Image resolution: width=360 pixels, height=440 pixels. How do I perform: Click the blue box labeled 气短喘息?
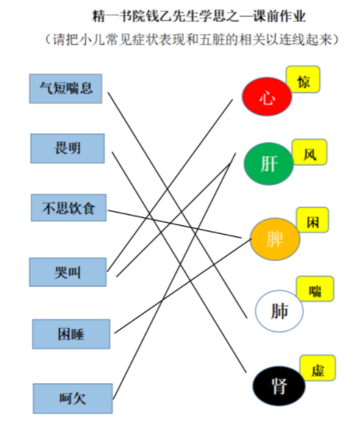click(x=66, y=89)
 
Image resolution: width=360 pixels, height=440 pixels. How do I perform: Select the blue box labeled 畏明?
click(x=67, y=148)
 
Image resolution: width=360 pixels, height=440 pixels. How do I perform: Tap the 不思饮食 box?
click(x=69, y=208)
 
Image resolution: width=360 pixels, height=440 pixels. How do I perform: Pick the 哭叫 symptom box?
click(x=68, y=272)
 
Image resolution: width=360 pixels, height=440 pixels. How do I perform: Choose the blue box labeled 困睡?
click(x=71, y=334)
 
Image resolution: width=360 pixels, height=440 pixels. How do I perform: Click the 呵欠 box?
click(x=73, y=399)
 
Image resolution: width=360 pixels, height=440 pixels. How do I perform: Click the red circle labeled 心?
click(x=267, y=97)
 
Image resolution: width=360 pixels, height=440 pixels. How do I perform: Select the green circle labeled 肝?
click(x=269, y=163)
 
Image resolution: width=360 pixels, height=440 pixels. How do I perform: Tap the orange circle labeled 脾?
click(x=275, y=239)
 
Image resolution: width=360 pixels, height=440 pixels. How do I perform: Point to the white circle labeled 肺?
click(x=279, y=311)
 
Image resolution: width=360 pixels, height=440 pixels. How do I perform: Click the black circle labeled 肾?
click(x=279, y=386)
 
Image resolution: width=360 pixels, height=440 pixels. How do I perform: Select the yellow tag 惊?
click(x=303, y=79)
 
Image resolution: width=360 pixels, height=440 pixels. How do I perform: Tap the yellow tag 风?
click(x=310, y=152)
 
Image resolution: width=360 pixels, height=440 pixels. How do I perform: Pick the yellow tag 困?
click(x=312, y=220)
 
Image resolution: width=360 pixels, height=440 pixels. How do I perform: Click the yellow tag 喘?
click(x=316, y=289)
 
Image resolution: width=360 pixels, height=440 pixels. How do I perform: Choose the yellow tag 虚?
click(x=318, y=368)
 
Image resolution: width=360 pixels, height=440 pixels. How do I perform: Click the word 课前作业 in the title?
click(x=279, y=17)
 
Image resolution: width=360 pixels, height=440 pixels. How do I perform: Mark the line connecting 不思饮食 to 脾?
click(x=174, y=224)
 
